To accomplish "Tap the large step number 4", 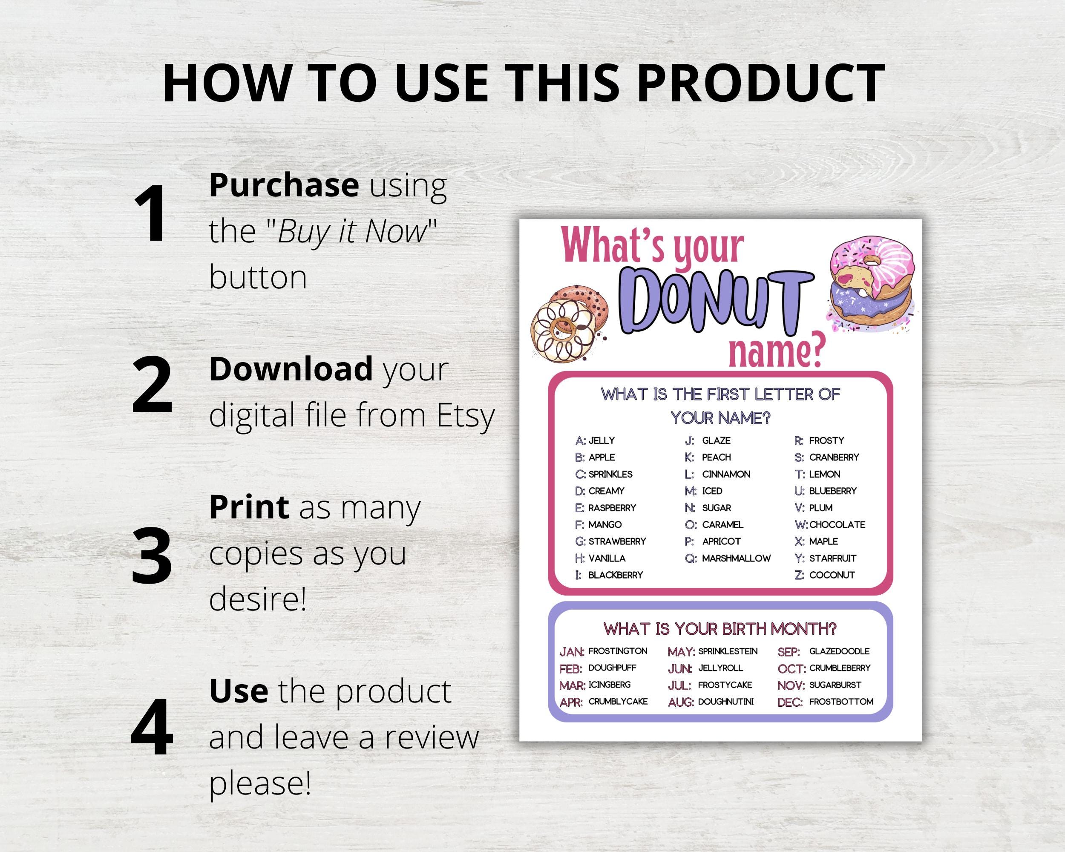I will pos(152,727).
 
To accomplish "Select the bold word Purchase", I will pos(284,185).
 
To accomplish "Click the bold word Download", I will pos(291,369).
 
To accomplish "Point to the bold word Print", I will pos(249,507).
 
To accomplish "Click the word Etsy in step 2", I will pos(465,415).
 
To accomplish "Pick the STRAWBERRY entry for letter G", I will pos(617,541).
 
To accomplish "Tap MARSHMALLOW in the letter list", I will pos(736,558).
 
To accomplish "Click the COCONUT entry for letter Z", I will pos(832,575).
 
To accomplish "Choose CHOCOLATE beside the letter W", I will pos(837,524).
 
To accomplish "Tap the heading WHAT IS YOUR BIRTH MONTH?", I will pos(720,629).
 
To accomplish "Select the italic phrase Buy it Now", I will pos(352,231).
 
